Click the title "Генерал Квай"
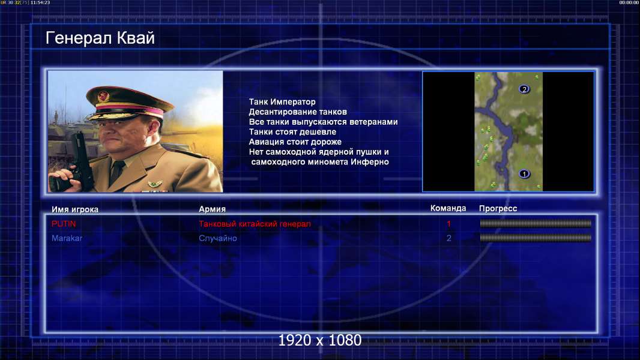point(100,38)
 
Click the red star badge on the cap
point(103,97)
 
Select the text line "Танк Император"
point(282,102)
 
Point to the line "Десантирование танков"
point(298,112)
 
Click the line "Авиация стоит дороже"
point(295,142)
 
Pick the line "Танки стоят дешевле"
point(292,131)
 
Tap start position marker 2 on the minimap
point(524,89)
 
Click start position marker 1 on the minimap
point(524,174)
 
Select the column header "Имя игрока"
point(74,209)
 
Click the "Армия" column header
point(213,209)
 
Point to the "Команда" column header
point(448,208)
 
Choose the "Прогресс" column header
point(498,208)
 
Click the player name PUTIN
point(64,224)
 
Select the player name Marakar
point(67,238)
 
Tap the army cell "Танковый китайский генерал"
point(255,224)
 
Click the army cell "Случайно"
point(217,238)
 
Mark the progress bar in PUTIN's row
point(536,223)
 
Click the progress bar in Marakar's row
point(536,238)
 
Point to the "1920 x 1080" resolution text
point(319,340)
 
